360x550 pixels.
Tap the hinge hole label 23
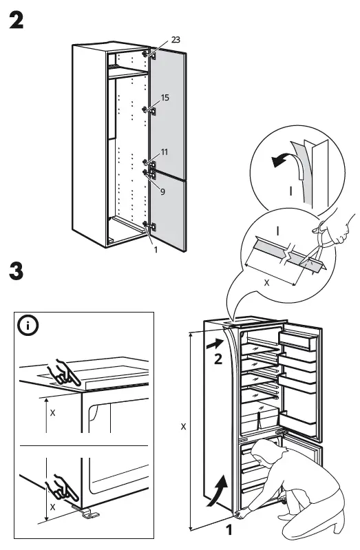click(x=176, y=41)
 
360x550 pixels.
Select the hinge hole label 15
click(x=165, y=98)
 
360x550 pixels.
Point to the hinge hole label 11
click(x=165, y=151)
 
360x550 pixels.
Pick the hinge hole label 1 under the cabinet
click(x=156, y=249)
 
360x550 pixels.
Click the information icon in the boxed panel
click(x=29, y=326)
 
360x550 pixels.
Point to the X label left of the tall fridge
click(x=183, y=427)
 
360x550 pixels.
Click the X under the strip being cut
click(x=267, y=282)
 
